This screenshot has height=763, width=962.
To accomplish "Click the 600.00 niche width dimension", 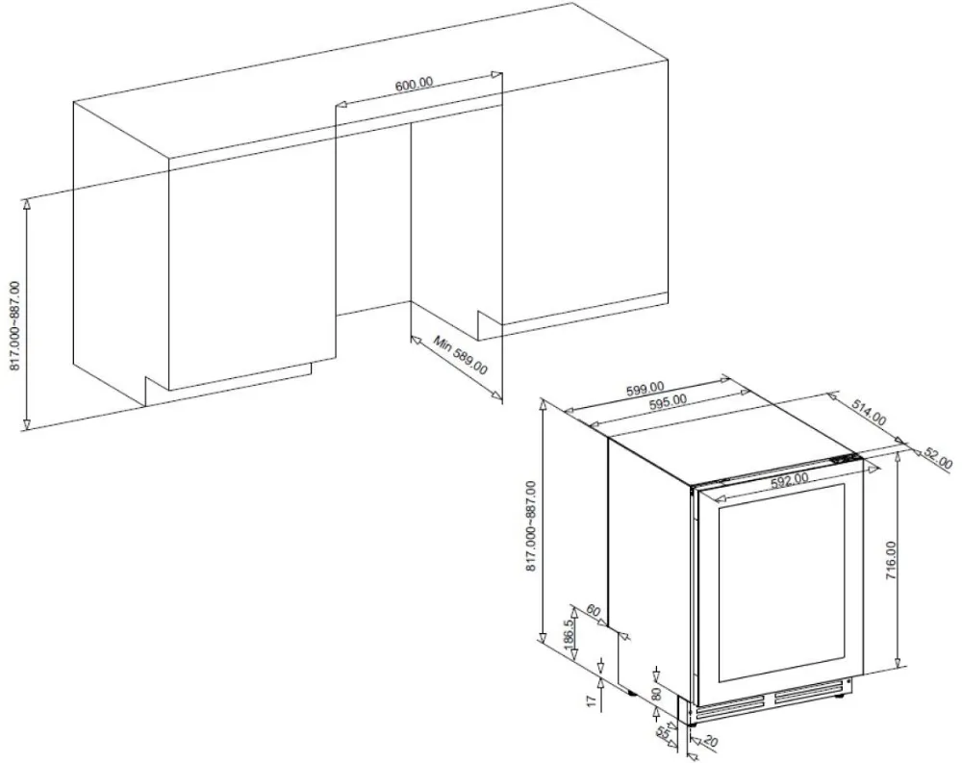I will (x=415, y=85).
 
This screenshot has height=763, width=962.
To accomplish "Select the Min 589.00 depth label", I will (x=460, y=357).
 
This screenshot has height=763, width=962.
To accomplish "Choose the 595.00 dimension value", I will (x=668, y=403).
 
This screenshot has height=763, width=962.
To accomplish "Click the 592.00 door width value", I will (x=788, y=478).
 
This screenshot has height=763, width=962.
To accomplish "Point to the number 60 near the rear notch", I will (x=592, y=612).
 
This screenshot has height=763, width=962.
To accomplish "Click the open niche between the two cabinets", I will (x=373, y=221).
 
